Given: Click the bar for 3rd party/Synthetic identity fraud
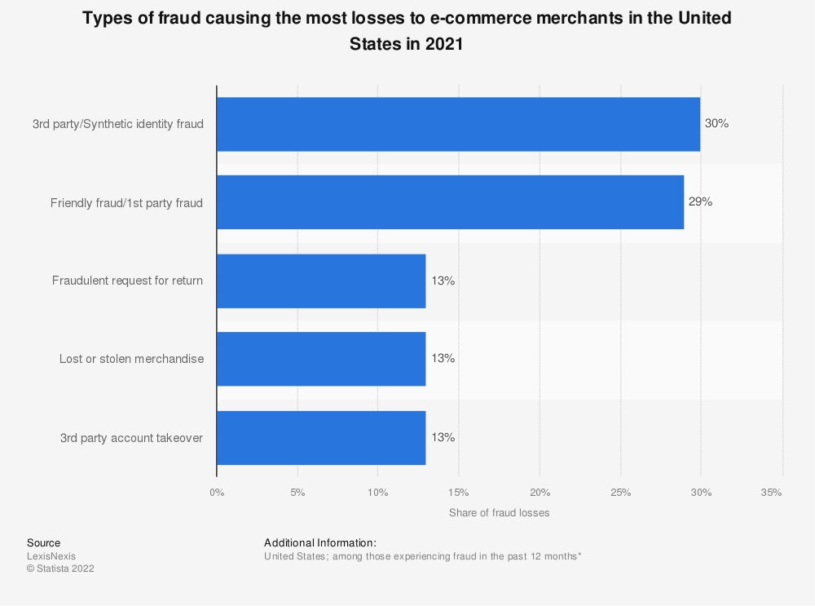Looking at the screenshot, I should click(458, 124).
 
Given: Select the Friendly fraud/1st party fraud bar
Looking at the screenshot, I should click(450, 201).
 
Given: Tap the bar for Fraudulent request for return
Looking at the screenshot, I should click(321, 281).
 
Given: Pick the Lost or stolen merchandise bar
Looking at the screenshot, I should click(321, 359).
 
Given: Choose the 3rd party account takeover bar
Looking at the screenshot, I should click(321, 437).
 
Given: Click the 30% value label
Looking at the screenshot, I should click(716, 124).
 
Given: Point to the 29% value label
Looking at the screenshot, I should click(700, 201).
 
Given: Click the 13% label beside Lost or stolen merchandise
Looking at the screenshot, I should click(443, 359).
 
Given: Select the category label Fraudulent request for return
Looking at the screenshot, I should click(127, 281).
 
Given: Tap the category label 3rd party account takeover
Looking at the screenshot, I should click(131, 438).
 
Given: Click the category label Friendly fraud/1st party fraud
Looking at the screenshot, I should click(126, 202).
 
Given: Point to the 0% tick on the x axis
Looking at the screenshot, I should click(217, 493).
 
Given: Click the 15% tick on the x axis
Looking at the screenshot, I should click(458, 493).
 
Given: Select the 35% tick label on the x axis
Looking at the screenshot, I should click(771, 493).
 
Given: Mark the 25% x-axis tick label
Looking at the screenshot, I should click(620, 493).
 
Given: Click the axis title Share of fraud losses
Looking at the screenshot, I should click(499, 513).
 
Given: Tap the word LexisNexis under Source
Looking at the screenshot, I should click(51, 556).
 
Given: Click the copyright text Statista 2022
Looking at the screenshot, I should click(60, 569).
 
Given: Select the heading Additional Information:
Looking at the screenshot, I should click(320, 542).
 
